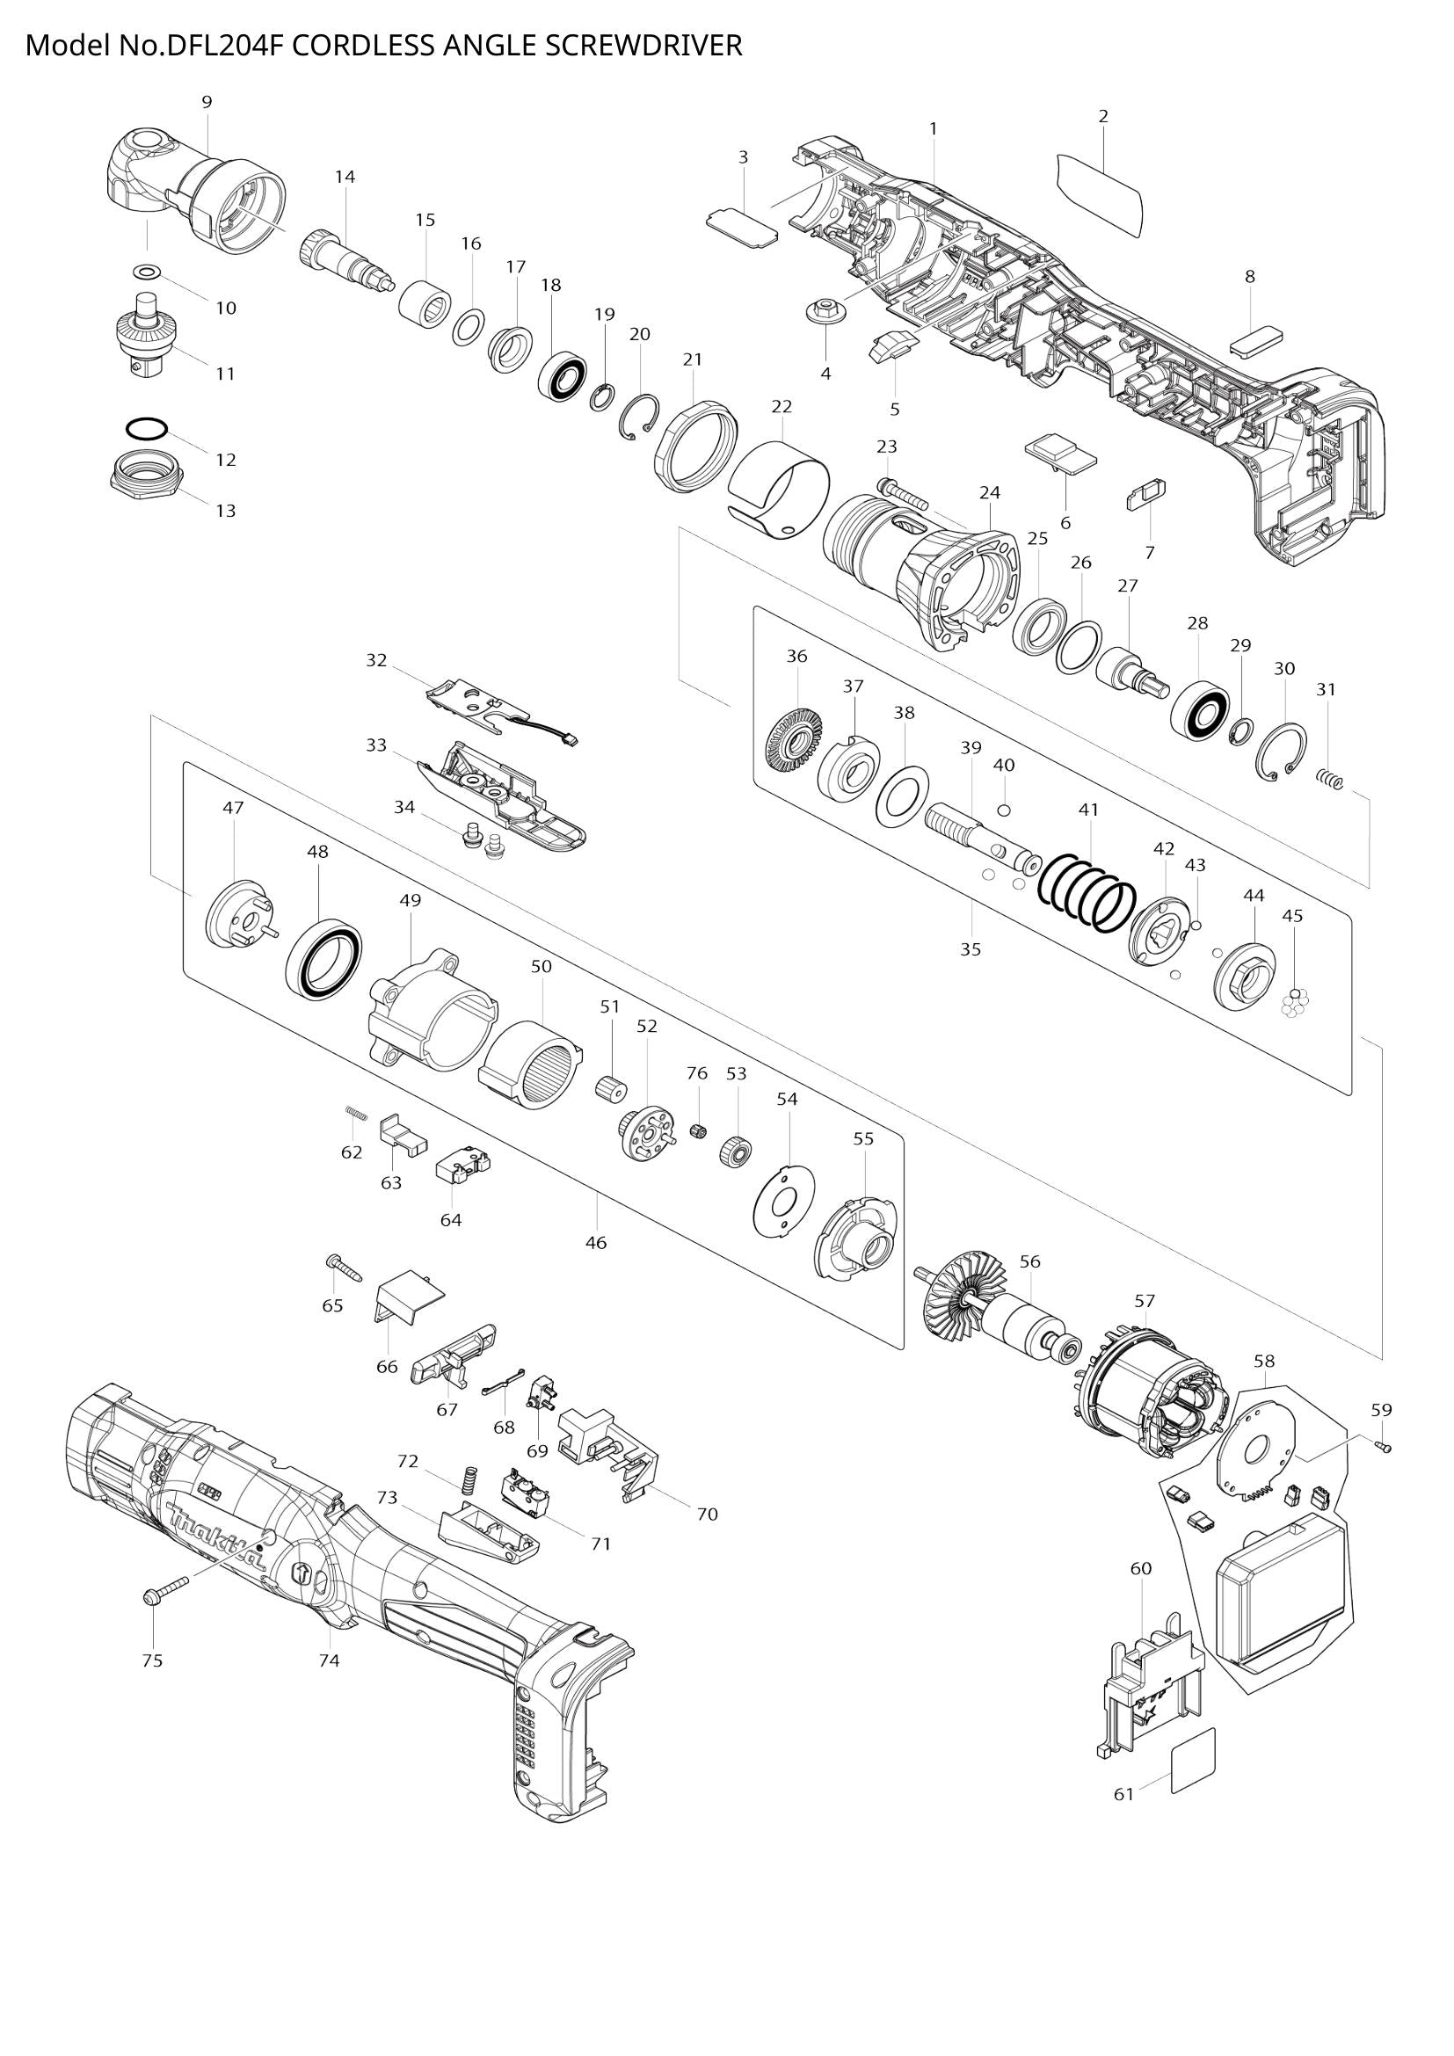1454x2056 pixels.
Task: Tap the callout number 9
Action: click(207, 102)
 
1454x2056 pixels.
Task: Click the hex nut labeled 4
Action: click(820, 314)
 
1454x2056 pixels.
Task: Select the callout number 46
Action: click(595, 1242)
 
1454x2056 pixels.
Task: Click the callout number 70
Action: click(707, 1515)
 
